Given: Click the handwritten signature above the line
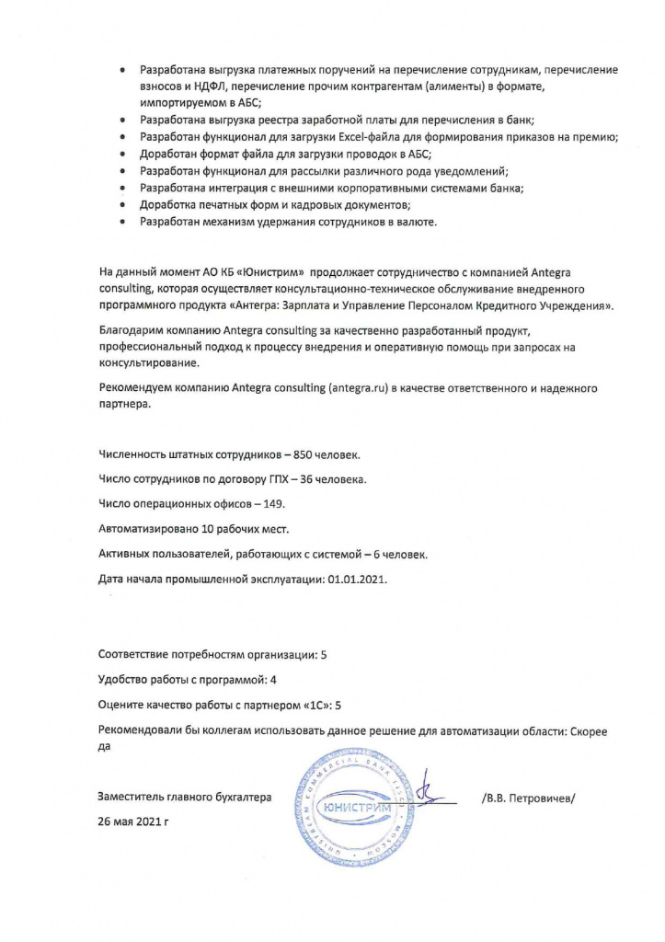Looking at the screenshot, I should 426,793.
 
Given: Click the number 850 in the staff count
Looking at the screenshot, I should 310,455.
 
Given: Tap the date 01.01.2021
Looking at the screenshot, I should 358,579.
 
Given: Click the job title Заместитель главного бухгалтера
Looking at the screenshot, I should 185,798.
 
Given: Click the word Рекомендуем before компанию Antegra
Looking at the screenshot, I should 134,388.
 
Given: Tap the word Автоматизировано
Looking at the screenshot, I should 144,529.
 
